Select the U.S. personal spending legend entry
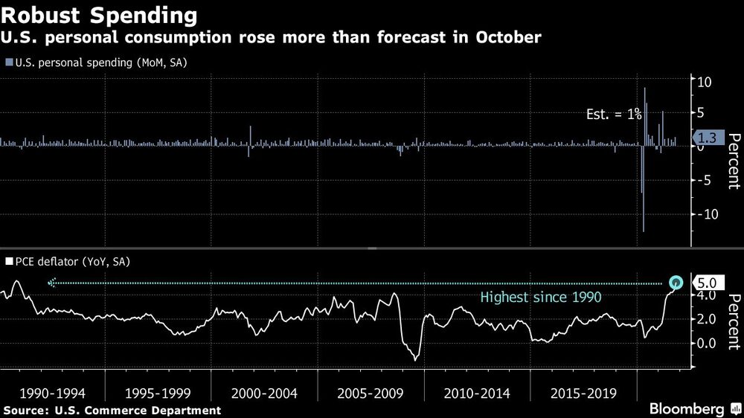96,62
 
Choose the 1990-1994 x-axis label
53,393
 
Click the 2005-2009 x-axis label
371,393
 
